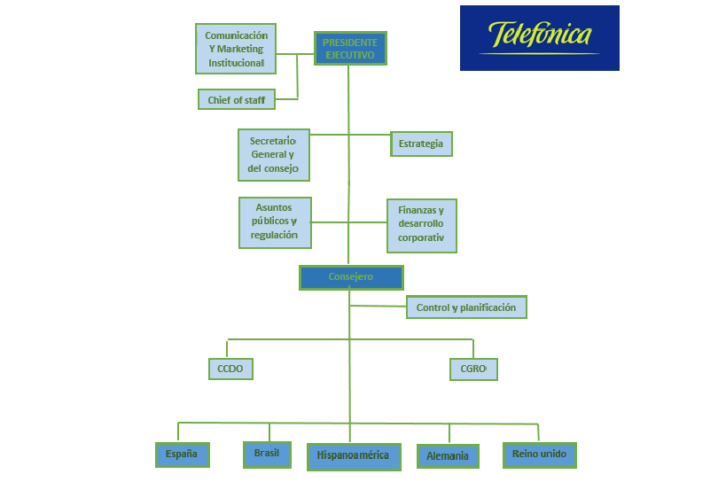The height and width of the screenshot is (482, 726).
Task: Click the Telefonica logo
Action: tap(539, 38)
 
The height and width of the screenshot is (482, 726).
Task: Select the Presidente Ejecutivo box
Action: tap(349, 49)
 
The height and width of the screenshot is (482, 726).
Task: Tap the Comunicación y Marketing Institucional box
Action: tap(236, 49)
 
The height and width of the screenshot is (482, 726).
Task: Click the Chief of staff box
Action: tap(236, 100)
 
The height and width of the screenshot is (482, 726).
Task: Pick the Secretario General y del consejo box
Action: tap(274, 155)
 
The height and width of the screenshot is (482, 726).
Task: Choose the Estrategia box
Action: tap(421, 144)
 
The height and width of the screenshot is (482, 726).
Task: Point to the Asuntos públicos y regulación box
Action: tap(275, 222)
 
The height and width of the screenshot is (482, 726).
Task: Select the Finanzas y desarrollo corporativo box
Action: tap(421, 225)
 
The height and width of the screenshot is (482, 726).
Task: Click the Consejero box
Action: tap(351, 277)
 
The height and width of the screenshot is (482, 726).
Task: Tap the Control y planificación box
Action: tap(466, 307)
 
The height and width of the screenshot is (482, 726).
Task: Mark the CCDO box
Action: tap(230, 368)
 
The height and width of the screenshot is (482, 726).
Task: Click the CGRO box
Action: tap(473, 368)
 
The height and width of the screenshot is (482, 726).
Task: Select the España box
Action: tap(182, 455)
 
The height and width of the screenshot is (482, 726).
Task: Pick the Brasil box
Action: tap(267, 454)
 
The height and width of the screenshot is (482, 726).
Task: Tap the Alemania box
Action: tap(448, 456)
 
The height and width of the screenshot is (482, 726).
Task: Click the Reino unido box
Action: tap(539, 455)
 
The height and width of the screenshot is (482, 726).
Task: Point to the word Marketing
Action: tap(240, 49)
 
